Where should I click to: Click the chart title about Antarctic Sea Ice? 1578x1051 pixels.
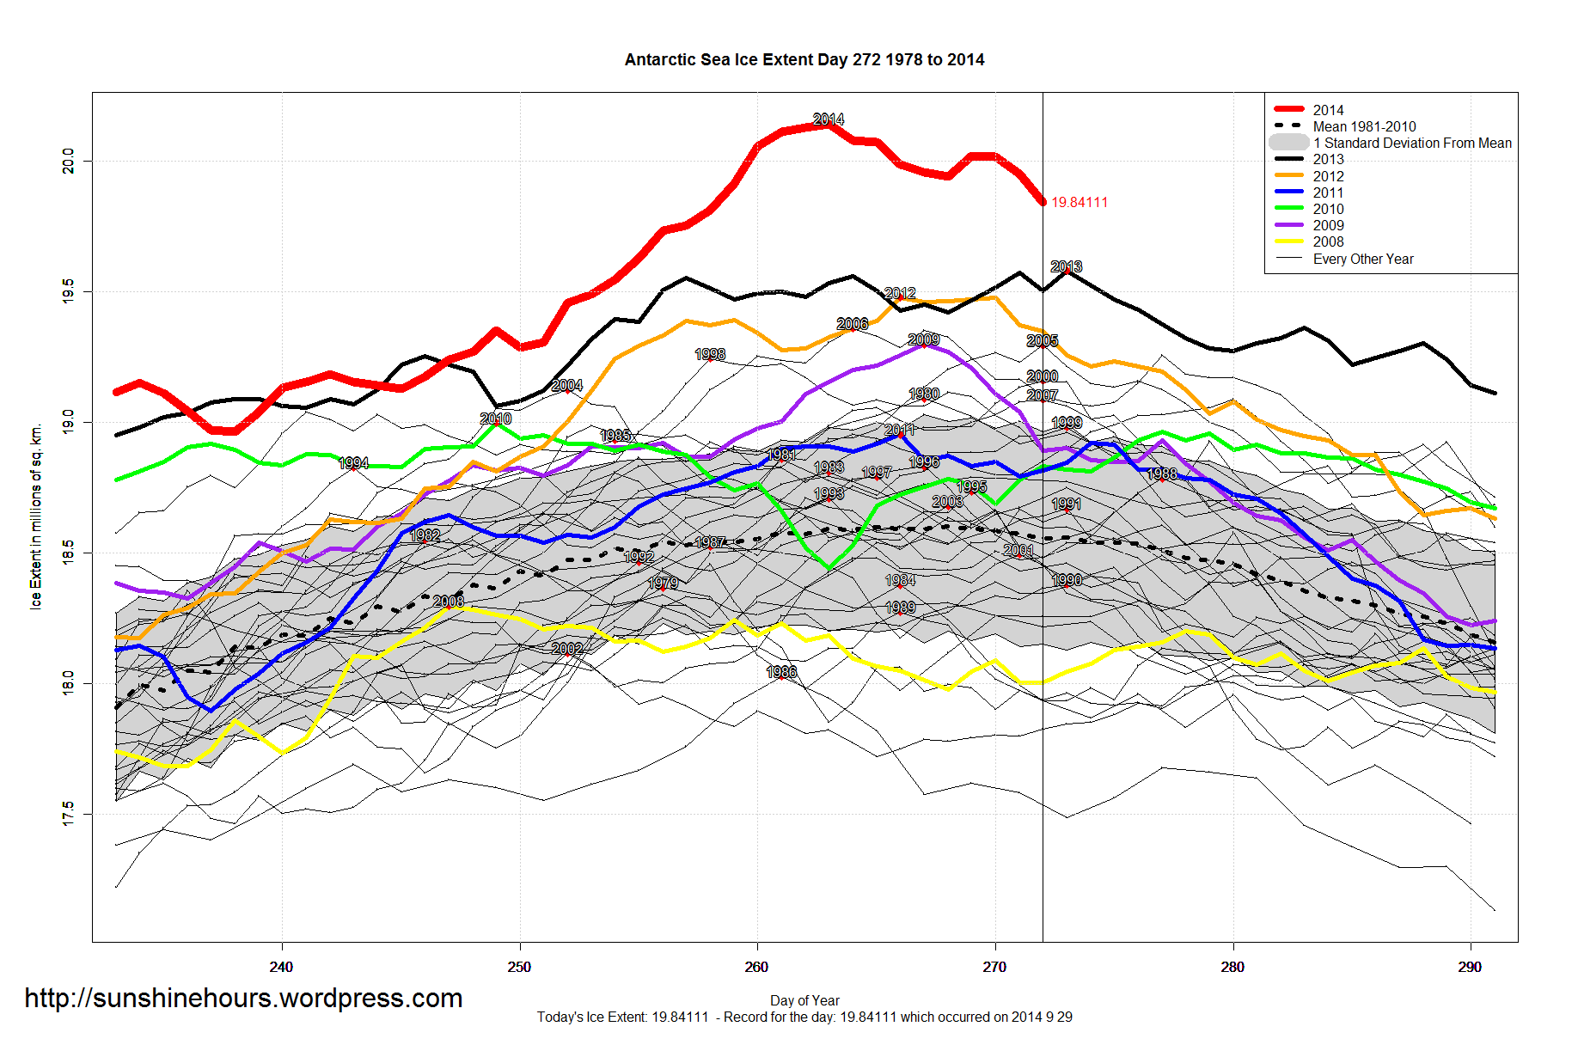point(804,60)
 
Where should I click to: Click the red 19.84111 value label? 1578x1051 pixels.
point(1080,203)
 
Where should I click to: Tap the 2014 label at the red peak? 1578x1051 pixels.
point(829,119)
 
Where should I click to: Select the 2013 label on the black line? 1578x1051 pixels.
point(1066,266)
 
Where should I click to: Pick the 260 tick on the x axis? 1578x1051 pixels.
point(756,967)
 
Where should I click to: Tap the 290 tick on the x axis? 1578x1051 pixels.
point(1470,967)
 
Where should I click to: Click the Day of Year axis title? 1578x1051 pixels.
point(804,1000)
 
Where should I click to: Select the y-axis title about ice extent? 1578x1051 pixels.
point(36,516)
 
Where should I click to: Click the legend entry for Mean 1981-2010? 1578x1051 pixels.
point(1364,126)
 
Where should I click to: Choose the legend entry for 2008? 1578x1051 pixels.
point(1328,241)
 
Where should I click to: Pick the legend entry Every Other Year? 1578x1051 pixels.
point(1363,259)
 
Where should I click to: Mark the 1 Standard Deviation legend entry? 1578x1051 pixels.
point(1412,143)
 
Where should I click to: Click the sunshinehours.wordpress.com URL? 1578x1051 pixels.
point(243,998)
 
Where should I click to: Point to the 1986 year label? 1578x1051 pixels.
point(781,672)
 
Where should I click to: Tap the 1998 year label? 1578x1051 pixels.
point(710,354)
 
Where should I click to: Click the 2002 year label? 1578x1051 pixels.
point(567,649)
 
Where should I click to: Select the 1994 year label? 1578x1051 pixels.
point(353,463)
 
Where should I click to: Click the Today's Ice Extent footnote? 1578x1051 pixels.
point(804,1017)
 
